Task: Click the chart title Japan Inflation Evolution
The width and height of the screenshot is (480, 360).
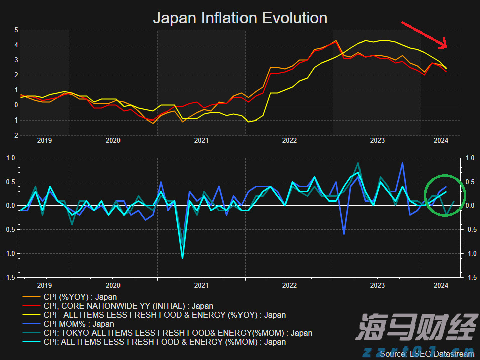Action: (239, 18)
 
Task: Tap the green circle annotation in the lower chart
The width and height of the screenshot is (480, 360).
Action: (445, 195)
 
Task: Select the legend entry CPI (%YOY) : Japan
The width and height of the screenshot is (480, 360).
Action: (80, 297)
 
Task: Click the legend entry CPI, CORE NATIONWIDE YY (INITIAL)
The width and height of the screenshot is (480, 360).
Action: (128, 306)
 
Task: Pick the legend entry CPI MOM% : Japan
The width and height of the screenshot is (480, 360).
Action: (79, 324)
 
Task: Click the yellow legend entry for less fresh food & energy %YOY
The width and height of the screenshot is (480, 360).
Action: (165, 315)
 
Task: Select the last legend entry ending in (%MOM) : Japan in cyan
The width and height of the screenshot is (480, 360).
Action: (165, 342)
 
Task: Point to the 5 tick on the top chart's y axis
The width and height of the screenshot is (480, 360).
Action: (16, 30)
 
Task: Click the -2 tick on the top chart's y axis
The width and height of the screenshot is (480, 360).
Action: (15, 136)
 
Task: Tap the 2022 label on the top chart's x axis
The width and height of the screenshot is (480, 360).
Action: (289, 140)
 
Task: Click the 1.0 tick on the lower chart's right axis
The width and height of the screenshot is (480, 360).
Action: (470, 158)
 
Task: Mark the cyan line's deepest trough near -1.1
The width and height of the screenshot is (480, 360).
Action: (182, 258)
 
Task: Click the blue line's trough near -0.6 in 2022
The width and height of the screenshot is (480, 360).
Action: (344, 234)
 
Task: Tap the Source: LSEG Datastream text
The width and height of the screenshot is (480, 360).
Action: (427, 354)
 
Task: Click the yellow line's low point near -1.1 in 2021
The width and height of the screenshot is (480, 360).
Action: (248, 122)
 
